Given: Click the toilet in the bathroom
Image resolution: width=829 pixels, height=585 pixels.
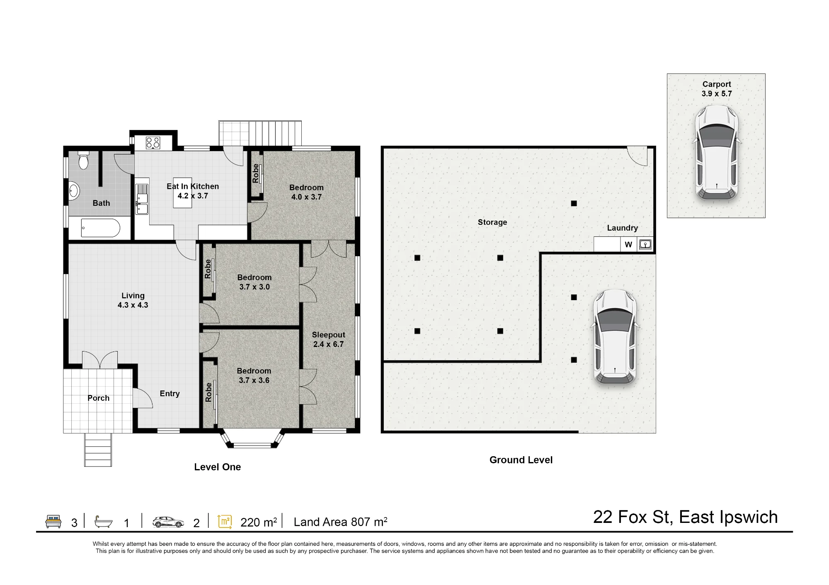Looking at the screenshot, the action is point(84,160).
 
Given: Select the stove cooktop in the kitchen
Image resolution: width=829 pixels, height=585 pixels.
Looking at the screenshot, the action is point(153,143).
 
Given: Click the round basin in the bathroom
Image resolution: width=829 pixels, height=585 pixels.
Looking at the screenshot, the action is point(74,191).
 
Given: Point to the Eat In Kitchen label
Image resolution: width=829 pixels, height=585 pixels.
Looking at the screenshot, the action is point(193,186).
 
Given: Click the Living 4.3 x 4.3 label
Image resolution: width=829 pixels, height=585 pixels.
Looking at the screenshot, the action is point(133,300).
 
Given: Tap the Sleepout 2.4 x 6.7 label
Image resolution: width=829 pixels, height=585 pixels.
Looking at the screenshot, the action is point(328,339).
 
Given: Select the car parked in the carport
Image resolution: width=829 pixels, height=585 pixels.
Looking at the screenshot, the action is point(717,152).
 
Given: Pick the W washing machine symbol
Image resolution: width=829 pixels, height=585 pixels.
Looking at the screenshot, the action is point(628,245).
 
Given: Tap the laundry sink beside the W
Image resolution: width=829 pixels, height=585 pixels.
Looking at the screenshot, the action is point(645,244).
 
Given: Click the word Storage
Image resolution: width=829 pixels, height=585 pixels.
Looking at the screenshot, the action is point(492,222).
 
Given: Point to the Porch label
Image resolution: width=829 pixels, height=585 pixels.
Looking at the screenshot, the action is point(98,398).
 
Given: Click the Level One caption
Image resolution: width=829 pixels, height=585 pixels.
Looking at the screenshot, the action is point(217,467).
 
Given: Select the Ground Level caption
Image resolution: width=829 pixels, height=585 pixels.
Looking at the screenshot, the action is point(521,460).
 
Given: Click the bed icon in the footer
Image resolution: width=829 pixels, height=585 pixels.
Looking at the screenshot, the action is point(53,521).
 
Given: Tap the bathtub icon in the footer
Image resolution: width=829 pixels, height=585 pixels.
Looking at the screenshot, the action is point(104,522).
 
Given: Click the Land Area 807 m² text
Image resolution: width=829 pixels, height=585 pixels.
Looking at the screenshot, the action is point(340,522).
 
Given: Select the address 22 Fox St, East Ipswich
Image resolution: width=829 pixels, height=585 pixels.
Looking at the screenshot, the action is point(685,518).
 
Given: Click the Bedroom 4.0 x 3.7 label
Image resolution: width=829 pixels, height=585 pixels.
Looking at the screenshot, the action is point(306,192).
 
